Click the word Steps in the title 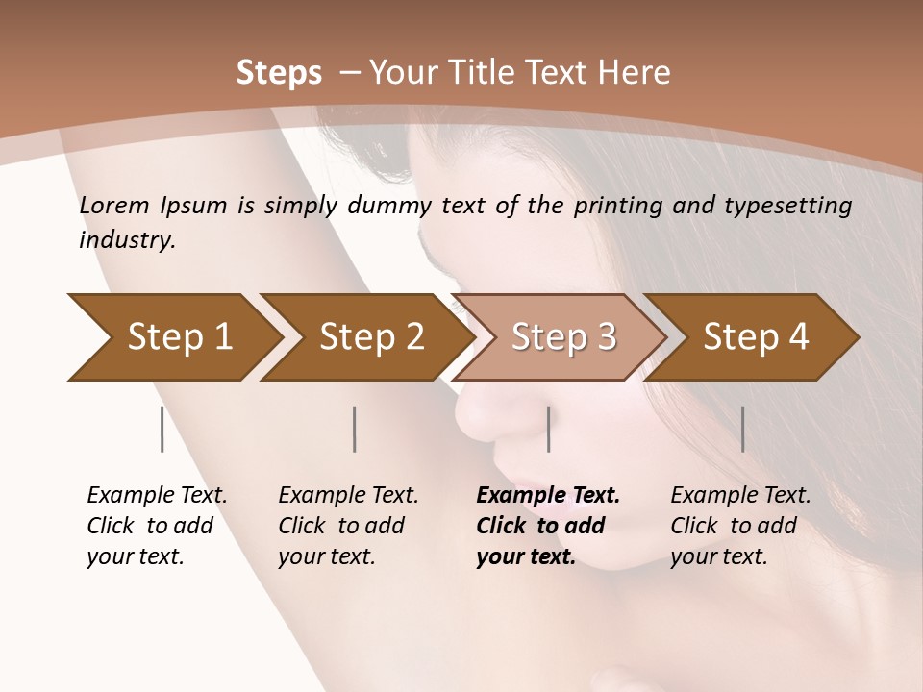[x=279, y=73]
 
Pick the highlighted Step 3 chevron [x=563, y=337]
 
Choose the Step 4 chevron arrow [x=756, y=337]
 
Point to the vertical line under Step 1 [x=162, y=429]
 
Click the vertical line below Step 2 [x=355, y=429]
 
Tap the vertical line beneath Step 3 [x=548, y=429]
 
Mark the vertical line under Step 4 [x=742, y=429]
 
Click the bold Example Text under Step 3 [x=548, y=496]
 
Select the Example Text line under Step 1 [x=157, y=496]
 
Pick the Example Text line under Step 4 [x=740, y=496]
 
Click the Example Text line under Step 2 [x=348, y=496]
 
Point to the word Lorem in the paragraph [x=114, y=206]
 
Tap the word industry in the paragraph [x=125, y=240]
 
